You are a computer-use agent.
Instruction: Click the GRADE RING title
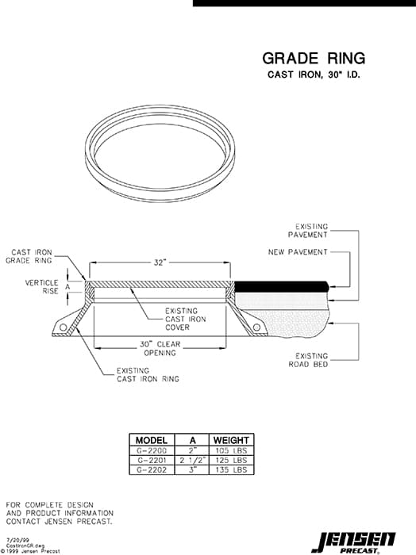(314, 58)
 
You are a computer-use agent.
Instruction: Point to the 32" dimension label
(160, 262)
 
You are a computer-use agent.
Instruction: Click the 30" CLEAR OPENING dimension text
(160, 348)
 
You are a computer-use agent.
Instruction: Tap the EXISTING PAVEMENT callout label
(311, 231)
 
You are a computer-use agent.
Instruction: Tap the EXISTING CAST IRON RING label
(148, 375)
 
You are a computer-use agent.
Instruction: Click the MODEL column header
(151, 440)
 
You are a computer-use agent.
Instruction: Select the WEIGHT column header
(231, 440)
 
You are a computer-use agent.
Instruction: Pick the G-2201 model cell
(151, 460)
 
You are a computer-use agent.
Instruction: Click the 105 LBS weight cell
(231, 450)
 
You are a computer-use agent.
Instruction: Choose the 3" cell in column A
(191, 469)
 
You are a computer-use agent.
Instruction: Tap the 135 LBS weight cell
(231, 469)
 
